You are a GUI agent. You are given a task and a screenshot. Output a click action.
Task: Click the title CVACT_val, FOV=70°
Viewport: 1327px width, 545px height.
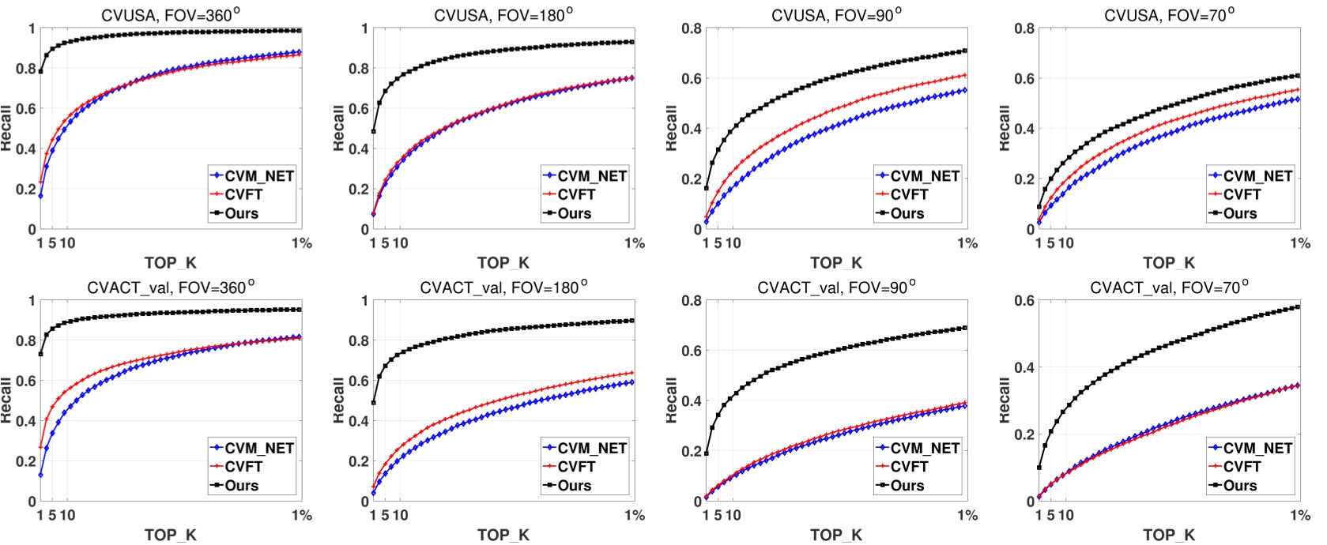coord(1169,288)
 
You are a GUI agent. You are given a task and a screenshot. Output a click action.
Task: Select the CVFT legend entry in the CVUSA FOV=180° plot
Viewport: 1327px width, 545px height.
coord(576,194)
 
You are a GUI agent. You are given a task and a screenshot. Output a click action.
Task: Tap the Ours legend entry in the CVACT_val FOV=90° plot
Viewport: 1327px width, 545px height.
coord(907,486)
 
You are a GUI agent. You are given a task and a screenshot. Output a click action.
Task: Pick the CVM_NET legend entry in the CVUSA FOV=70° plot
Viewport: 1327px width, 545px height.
coord(1257,176)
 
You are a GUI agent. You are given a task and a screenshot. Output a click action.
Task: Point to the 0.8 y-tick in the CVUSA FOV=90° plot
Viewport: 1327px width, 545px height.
coord(692,29)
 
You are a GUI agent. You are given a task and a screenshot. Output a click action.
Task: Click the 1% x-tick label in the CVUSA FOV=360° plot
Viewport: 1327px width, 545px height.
coord(302,243)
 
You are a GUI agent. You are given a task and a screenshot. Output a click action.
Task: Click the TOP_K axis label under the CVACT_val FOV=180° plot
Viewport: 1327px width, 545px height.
coord(503,535)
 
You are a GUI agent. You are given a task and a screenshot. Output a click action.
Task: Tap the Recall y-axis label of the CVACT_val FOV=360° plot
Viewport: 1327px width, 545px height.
coord(7,400)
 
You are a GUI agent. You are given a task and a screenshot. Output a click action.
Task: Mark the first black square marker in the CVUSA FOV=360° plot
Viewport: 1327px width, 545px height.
coord(40,72)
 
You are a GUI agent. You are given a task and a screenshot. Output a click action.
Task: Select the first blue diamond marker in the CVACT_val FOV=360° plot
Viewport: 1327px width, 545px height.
coord(40,475)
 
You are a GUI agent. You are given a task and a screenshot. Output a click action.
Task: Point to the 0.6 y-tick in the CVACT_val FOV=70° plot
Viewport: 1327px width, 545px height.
coord(1024,301)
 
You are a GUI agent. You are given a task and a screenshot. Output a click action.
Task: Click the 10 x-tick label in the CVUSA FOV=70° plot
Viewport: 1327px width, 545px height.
coord(1065,243)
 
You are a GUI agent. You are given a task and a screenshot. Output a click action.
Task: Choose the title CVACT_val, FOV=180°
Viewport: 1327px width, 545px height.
coord(503,288)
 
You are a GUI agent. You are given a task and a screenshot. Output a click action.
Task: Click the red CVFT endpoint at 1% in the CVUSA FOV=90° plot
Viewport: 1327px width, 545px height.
coord(965,75)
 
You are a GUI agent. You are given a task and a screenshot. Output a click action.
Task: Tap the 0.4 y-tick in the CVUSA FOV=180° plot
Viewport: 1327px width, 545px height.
coord(359,148)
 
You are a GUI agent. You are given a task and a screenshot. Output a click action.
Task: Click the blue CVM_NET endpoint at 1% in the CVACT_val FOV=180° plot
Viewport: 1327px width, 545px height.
coord(632,382)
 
